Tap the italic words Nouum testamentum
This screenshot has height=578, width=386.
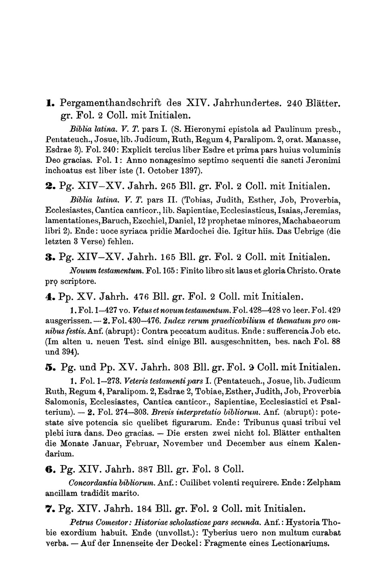(95, 271)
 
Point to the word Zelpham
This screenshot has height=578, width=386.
(324, 482)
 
